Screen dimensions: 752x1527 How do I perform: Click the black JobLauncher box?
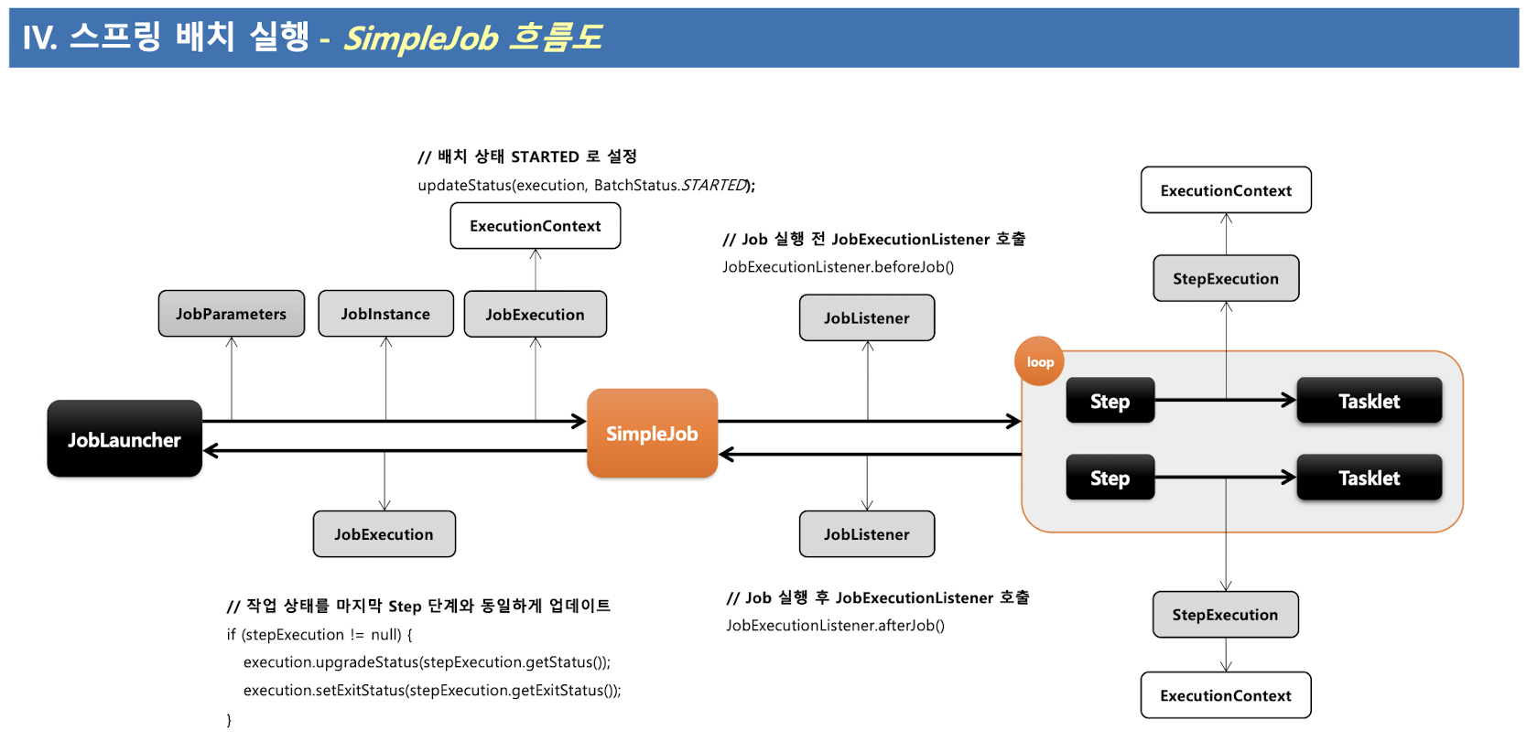point(125,439)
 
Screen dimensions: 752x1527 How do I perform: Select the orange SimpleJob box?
point(652,434)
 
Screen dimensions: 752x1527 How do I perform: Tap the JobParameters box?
point(231,314)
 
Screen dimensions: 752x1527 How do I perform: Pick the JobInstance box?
point(385,314)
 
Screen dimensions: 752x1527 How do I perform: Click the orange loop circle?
point(1039,361)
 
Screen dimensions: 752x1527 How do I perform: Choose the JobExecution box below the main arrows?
point(384,534)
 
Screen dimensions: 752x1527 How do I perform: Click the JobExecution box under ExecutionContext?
point(535,315)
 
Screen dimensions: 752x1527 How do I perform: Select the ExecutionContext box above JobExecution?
point(535,226)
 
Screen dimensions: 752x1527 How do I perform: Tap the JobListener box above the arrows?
point(866,318)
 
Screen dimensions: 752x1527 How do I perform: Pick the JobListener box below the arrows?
point(866,534)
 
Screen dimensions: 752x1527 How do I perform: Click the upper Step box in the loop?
point(1110,401)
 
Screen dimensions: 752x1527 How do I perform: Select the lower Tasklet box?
point(1369,478)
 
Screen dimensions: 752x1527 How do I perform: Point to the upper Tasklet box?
point(1369,401)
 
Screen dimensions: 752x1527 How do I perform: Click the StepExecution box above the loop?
point(1225,278)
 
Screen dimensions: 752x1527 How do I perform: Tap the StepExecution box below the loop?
point(1225,615)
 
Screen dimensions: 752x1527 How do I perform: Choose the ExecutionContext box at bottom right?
point(1225,695)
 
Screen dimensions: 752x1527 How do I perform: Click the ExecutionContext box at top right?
point(1225,190)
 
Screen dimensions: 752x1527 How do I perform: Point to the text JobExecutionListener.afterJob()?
point(835,626)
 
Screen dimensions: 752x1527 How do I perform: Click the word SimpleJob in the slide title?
point(421,38)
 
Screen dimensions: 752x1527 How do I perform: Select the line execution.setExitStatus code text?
point(431,691)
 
